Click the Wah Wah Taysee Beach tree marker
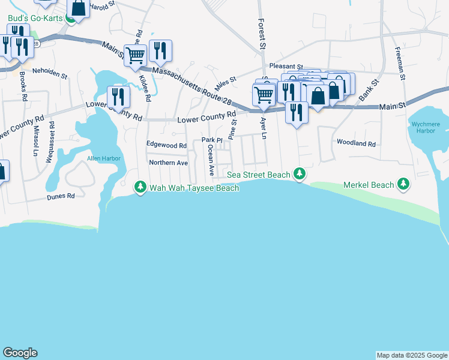tap(140, 188)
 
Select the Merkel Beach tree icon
tap(404, 185)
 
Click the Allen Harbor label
tap(104, 158)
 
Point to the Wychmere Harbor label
tap(427, 127)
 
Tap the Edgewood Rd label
tap(167, 145)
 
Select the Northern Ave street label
tap(168, 163)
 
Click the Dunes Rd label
tap(62, 196)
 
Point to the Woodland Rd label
tap(356, 144)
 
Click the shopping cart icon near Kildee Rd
tap(136, 55)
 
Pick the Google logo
tap(20, 353)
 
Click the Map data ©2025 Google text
tap(412, 355)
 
